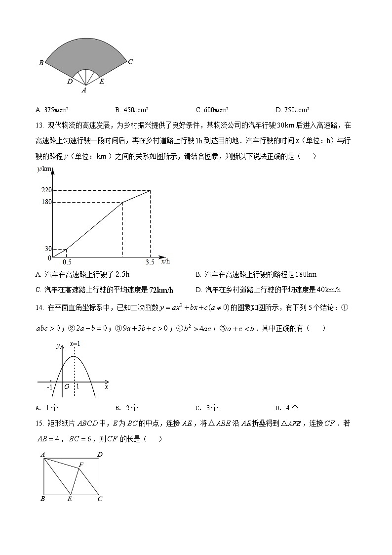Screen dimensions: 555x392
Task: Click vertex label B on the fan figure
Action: [x=41, y=63]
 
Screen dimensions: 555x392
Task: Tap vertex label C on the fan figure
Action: [x=130, y=62]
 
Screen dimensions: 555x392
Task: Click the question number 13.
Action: [x=40, y=126]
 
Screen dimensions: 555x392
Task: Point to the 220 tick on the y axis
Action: [x=47, y=190]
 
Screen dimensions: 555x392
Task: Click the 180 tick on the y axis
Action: [x=47, y=202]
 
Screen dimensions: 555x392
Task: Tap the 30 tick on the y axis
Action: [x=48, y=249]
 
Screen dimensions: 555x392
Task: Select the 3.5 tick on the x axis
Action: [x=150, y=262]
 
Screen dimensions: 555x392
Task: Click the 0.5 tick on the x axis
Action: [x=67, y=262]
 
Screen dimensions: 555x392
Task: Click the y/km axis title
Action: [x=44, y=169]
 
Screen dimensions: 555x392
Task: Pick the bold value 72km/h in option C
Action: [x=161, y=290]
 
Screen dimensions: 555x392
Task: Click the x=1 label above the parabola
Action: [x=75, y=343]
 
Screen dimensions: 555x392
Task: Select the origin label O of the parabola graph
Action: [x=66, y=387]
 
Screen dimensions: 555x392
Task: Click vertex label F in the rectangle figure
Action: [x=81, y=464]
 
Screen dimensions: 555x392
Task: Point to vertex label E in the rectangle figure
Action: [x=70, y=499]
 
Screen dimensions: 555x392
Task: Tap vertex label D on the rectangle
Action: [x=100, y=454]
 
